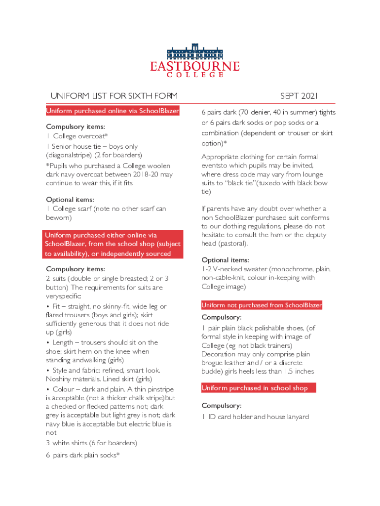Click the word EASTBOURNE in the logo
click(195, 66)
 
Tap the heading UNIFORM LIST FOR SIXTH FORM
click(114, 95)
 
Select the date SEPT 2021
click(300, 95)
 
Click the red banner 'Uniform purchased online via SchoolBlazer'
click(113, 111)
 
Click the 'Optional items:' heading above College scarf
click(71, 200)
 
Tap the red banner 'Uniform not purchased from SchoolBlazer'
click(262, 305)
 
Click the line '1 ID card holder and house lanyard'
click(255, 417)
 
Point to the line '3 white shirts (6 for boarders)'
click(91, 443)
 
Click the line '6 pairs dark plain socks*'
click(83, 455)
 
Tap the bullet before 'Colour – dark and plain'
click(47, 389)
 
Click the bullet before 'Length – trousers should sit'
click(47, 342)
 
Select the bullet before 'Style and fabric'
click(47, 370)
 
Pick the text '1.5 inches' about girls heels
click(298, 372)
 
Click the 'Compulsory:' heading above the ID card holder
click(221, 406)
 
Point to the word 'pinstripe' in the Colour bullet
click(158, 389)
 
